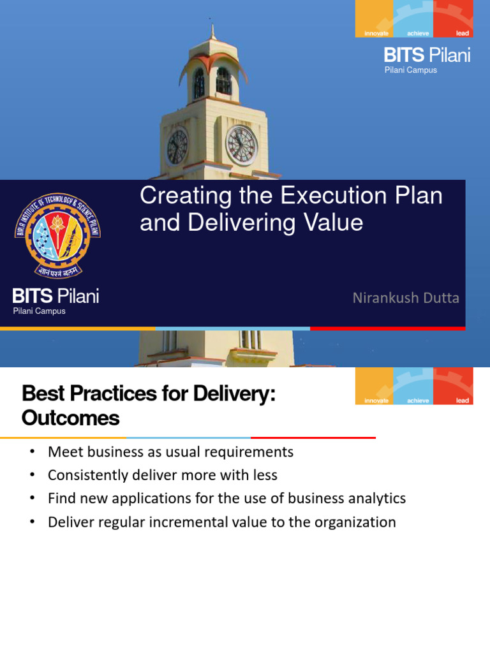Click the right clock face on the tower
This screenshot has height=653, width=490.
pyautogui.click(x=242, y=145)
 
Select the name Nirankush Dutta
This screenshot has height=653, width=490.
pyautogui.click(x=406, y=298)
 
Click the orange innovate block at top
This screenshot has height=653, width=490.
pyautogui.click(x=374, y=18)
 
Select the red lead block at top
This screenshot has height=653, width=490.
pyautogui.click(x=453, y=18)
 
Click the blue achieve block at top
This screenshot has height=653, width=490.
pyautogui.click(x=413, y=18)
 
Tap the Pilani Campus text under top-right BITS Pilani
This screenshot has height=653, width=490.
pyautogui.click(x=410, y=70)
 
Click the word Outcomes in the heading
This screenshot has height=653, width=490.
pyautogui.click(x=70, y=418)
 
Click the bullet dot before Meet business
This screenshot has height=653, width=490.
pyautogui.click(x=32, y=452)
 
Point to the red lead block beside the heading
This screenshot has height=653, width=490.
pyautogui.click(x=453, y=386)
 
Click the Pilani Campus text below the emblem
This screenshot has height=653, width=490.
pyautogui.click(x=39, y=311)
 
